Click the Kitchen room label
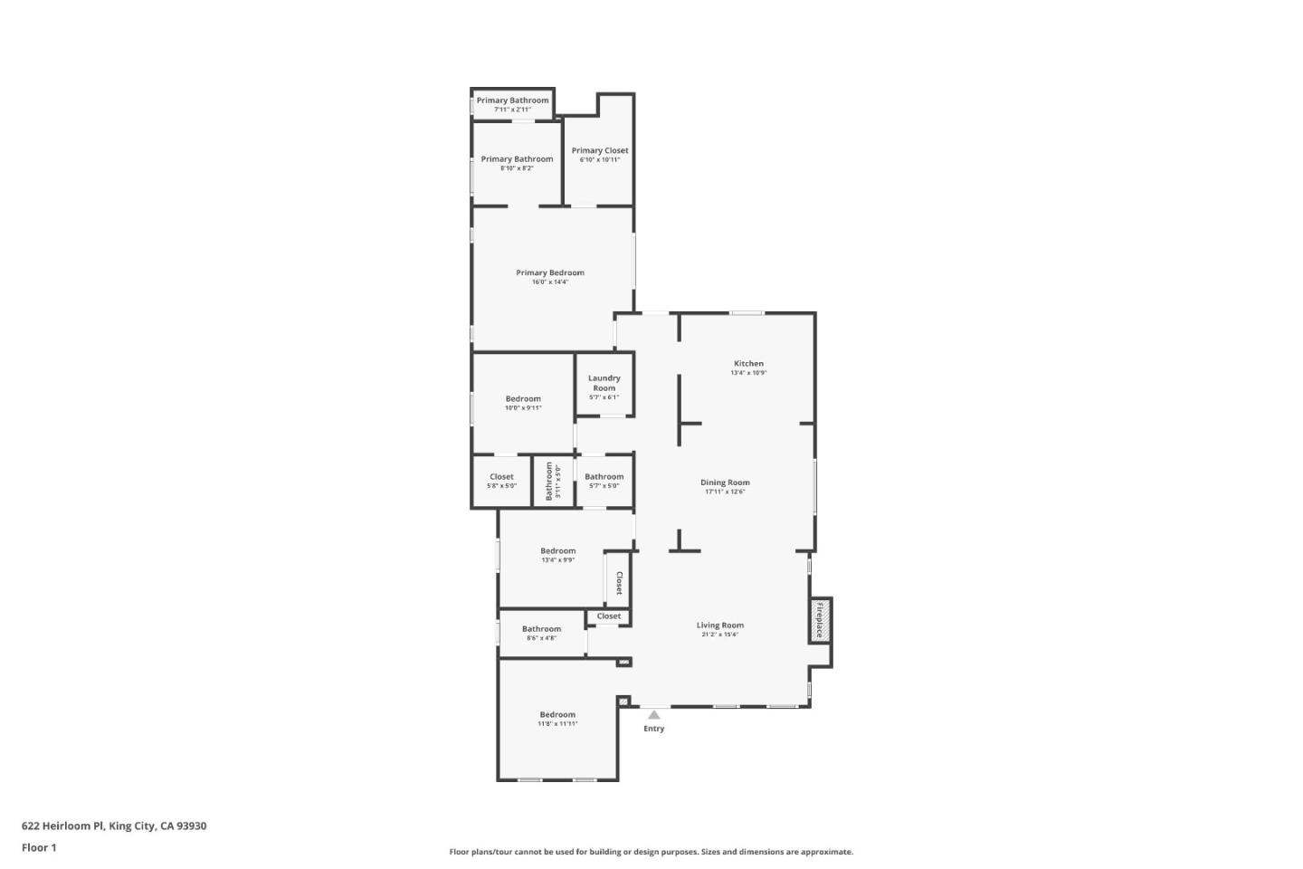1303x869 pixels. (x=748, y=363)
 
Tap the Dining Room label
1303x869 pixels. (x=725, y=482)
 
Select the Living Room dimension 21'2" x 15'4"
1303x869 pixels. (x=720, y=635)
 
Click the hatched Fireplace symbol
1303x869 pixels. (x=820, y=620)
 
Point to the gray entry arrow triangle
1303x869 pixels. (x=654, y=715)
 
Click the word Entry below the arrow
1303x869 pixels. (x=654, y=729)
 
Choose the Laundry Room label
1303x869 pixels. (x=604, y=383)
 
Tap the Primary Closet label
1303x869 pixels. (x=600, y=150)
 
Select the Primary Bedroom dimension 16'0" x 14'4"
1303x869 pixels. (x=550, y=282)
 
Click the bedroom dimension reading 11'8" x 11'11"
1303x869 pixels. (x=557, y=724)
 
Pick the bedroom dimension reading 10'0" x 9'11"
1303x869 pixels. (x=523, y=408)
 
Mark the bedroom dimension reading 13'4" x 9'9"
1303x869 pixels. (x=558, y=560)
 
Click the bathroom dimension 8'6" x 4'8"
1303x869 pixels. (x=542, y=638)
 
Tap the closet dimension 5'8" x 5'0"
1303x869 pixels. (x=502, y=486)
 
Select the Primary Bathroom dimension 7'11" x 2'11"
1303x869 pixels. (x=512, y=110)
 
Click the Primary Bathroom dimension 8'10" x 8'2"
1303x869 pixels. (x=517, y=168)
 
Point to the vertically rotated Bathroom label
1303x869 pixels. (x=549, y=481)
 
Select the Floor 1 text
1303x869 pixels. (x=39, y=848)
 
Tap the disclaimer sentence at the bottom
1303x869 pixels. (x=651, y=852)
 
